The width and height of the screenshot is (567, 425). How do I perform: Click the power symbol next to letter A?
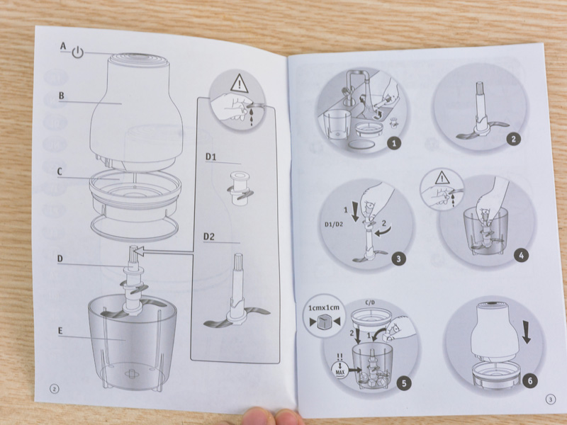tap(77, 52)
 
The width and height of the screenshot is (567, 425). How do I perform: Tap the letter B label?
tap(62, 96)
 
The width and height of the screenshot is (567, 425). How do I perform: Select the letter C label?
tap(60, 171)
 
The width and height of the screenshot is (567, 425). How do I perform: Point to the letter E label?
tap(60, 331)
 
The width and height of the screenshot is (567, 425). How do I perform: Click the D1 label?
tap(210, 157)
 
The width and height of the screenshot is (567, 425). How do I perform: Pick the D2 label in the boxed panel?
tap(209, 237)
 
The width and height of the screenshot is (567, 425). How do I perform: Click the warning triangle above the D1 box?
tap(239, 83)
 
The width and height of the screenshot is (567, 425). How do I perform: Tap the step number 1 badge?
tap(394, 143)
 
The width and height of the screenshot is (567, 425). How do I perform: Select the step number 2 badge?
tap(513, 139)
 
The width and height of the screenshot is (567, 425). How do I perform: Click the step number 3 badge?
tap(398, 259)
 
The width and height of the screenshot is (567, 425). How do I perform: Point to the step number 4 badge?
tap(521, 256)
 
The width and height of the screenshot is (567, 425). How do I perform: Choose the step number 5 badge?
tap(404, 383)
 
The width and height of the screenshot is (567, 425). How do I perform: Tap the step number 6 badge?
tap(530, 380)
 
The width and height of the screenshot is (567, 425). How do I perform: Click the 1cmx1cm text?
tap(324, 307)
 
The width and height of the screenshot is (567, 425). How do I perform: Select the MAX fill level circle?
tap(340, 370)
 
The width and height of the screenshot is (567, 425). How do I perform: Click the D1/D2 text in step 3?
tap(334, 224)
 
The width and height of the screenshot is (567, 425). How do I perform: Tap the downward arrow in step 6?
tap(526, 333)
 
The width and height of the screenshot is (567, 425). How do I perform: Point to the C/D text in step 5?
tap(370, 302)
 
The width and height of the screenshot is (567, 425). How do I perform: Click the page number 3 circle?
tap(551, 399)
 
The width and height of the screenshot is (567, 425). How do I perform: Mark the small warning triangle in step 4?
tap(442, 178)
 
